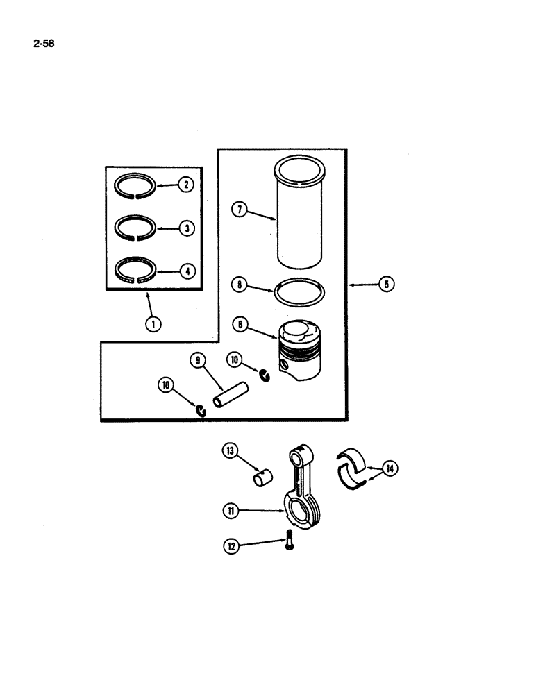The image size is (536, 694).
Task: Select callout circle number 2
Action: pyautogui.click(x=185, y=185)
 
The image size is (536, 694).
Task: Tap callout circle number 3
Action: pyautogui.click(x=185, y=227)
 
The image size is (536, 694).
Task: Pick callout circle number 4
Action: pyautogui.click(x=185, y=271)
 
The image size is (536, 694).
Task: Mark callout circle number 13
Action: pyautogui.click(x=230, y=452)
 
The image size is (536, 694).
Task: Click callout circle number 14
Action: pyautogui.click(x=391, y=470)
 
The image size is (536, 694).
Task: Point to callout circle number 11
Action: pyautogui.click(x=230, y=511)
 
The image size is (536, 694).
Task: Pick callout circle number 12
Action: pyautogui.click(x=230, y=547)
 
